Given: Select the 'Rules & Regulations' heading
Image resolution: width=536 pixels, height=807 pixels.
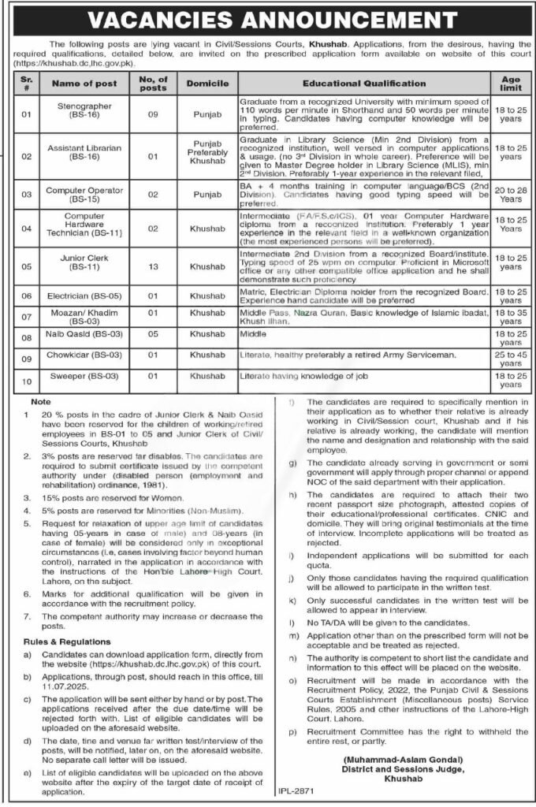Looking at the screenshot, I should [67, 641].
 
